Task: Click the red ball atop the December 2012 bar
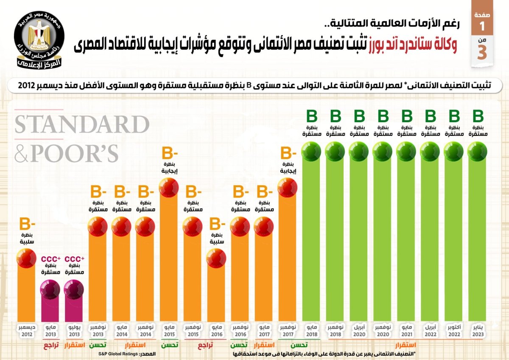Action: [26, 258]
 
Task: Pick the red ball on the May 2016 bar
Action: [216, 258]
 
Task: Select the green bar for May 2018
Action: [311, 238]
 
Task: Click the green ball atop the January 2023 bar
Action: [478, 152]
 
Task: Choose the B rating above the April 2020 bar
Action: [359, 116]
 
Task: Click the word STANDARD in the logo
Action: [81, 125]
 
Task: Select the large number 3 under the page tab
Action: [482, 53]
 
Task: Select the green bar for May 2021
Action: [406, 238]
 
